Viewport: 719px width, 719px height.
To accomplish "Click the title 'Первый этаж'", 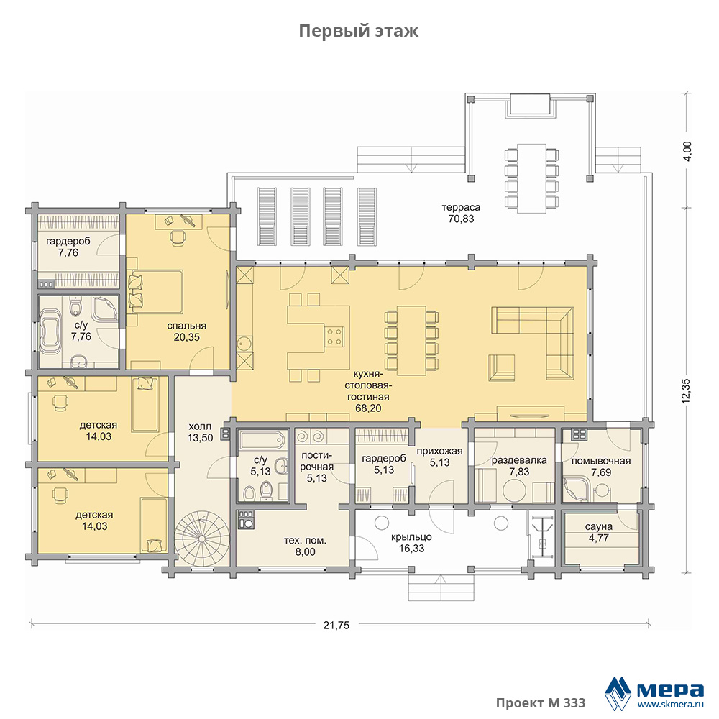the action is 359,31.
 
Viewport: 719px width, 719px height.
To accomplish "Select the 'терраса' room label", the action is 461,207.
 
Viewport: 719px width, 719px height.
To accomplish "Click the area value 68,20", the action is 368,408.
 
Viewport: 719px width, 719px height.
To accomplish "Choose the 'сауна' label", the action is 598,527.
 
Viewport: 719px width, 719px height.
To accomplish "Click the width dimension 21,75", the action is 336,625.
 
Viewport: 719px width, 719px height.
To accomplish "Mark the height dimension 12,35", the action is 686,390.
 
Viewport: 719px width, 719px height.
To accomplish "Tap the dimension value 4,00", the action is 687,151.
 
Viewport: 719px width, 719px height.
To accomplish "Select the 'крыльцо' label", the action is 411,537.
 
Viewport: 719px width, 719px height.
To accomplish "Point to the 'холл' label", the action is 200,426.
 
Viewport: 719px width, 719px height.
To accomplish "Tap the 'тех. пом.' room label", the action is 305,541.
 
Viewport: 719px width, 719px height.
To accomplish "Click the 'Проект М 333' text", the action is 541,703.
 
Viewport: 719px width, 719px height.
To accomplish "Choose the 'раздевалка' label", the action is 519,460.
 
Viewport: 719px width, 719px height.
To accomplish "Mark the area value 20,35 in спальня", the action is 187,337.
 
